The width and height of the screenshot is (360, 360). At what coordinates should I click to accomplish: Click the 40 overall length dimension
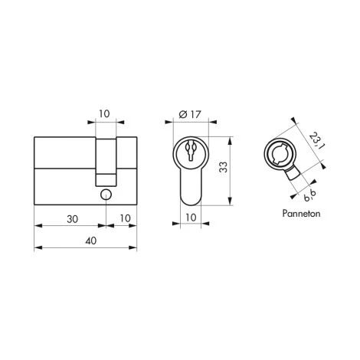pos(91,241)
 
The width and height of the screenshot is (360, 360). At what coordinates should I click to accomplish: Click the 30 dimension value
pos(72,219)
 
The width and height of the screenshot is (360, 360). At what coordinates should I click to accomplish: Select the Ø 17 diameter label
pos(190,114)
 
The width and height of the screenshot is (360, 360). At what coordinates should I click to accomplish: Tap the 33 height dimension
pos(223,167)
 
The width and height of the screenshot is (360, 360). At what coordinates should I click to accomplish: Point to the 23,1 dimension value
pos(317,140)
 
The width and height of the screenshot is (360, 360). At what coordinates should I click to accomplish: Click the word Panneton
pos(301,213)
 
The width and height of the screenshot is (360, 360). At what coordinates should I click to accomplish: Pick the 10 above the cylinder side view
pos(104,113)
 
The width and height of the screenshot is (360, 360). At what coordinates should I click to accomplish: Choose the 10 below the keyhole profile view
pos(191,218)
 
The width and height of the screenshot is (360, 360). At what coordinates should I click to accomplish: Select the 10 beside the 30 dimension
pos(125,218)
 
